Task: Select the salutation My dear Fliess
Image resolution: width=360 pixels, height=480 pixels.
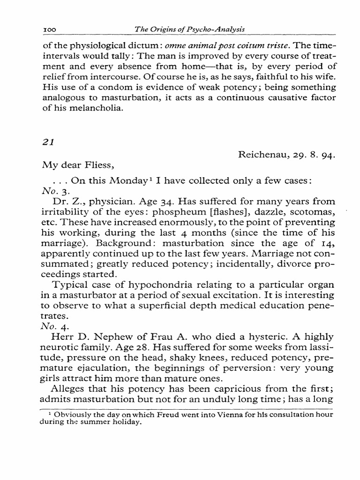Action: [x=72, y=165]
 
